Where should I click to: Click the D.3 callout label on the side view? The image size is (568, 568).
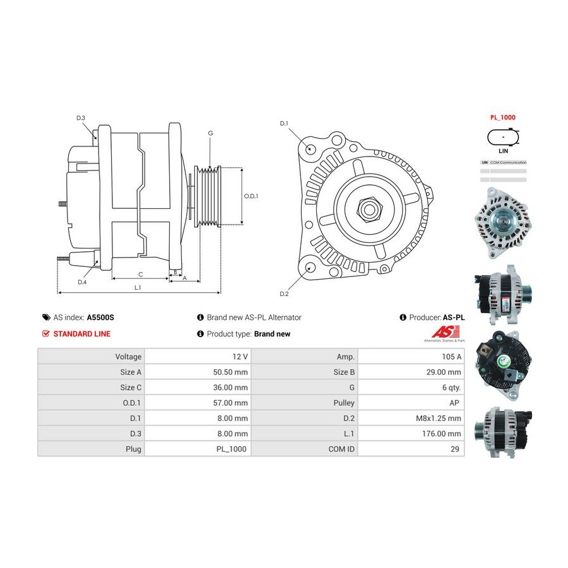tap(81, 118)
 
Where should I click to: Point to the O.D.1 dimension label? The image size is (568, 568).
tap(251, 196)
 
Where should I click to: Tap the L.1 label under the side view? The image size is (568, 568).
tap(138, 288)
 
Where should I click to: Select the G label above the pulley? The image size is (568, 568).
tap(210, 133)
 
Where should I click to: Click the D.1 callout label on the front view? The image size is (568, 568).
tap(284, 123)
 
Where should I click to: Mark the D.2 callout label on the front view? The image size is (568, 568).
tap(284, 294)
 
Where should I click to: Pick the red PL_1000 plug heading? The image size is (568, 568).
tap(503, 117)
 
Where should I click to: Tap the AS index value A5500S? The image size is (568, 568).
tap(100, 317)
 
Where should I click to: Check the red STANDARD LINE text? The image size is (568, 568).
tap(82, 334)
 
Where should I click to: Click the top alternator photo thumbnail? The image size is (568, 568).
tap(503, 218)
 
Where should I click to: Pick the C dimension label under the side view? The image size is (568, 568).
tap(141, 274)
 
